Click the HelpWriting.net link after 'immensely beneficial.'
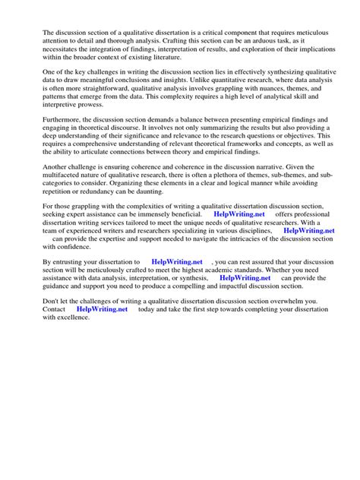click(240, 215)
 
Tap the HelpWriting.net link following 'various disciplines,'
click(308, 230)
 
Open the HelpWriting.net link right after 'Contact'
click(103, 309)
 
